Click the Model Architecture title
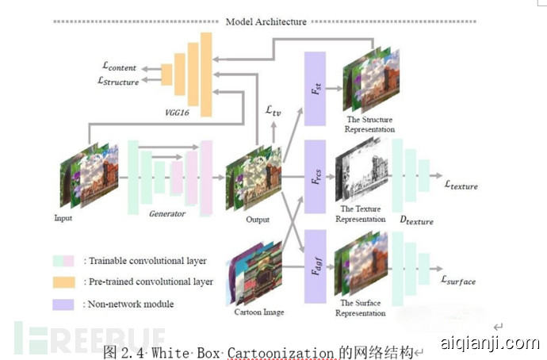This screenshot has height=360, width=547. (266, 21)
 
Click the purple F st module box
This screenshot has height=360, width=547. (315, 88)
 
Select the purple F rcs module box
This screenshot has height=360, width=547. (315, 176)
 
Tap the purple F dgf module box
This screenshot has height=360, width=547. (315, 266)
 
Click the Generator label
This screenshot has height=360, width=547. (167, 213)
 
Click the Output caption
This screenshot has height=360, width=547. (256, 220)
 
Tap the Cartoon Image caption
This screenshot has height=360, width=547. (258, 312)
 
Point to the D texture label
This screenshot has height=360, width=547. (415, 220)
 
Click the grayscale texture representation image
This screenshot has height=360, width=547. (361, 174)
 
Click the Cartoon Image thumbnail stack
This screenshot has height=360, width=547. (255, 274)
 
